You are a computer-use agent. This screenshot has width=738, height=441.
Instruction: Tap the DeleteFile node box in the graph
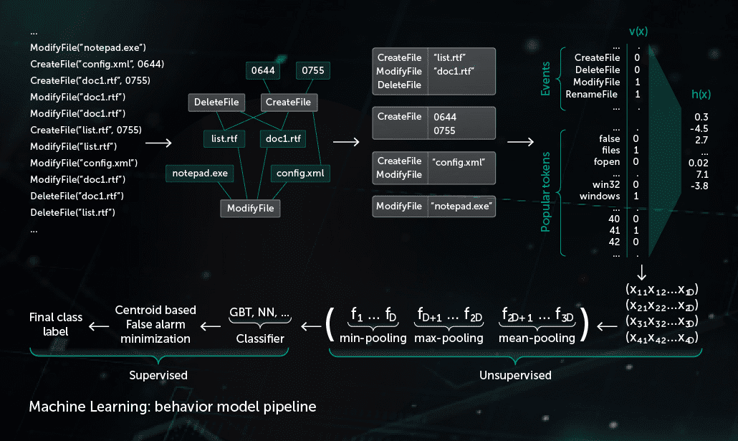click(216, 103)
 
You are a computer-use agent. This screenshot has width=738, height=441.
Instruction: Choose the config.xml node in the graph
click(300, 173)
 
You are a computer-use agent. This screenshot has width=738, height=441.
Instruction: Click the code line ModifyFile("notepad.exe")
click(88, 48)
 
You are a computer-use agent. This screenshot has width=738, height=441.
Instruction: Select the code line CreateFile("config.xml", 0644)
click(97, 65)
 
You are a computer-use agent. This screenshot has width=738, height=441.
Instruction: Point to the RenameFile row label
click(593, 94)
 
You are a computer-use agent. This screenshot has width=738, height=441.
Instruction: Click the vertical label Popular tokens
click(546, 191)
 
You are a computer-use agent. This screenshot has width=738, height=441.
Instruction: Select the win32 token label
click(606, 184)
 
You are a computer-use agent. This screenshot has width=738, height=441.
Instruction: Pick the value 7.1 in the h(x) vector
click(701, 174)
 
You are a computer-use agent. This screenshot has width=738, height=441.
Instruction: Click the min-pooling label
click(373, 338)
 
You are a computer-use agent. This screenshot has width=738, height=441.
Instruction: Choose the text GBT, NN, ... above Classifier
click(259, 313)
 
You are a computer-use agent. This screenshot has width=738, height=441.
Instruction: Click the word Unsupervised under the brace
click(515, 375)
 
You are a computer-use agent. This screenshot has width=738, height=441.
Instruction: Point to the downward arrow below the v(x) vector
click(641, 272)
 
